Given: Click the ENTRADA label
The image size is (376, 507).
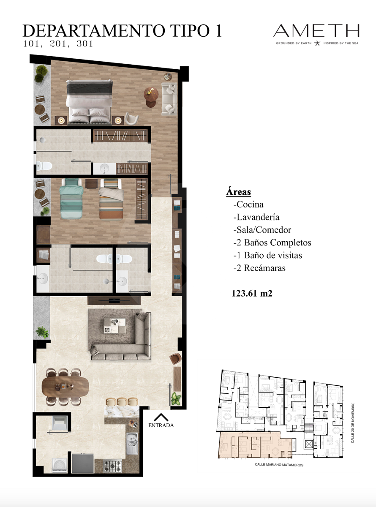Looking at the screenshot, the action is coord(161,425).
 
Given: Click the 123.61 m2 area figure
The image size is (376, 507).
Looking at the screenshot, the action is coord(252,293).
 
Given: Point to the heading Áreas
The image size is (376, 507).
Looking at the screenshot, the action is coord(238,191).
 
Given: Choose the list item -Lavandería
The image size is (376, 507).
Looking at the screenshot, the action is coord(256,217).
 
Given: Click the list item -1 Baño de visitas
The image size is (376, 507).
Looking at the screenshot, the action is coord(268,255).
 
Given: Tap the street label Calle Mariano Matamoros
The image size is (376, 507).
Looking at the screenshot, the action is coord(279,465).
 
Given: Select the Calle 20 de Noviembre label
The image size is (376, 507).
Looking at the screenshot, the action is coord(353,423).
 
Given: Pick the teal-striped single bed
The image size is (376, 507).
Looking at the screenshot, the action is coord(71,199).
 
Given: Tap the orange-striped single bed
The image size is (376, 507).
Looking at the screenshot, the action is coord(111,199).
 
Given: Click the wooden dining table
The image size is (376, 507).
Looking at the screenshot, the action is coord(65,387).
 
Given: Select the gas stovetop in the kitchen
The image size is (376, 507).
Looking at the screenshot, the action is coord(112,466).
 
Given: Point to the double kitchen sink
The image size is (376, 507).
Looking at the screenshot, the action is coord(132,444).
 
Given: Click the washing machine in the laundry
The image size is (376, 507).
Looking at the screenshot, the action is coord(60,465).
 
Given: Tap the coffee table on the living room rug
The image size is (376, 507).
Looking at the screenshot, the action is coord(114,326).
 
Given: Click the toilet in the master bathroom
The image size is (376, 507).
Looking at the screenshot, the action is coord(44,166).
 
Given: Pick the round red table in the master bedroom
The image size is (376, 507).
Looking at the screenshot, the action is coord(151,94).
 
